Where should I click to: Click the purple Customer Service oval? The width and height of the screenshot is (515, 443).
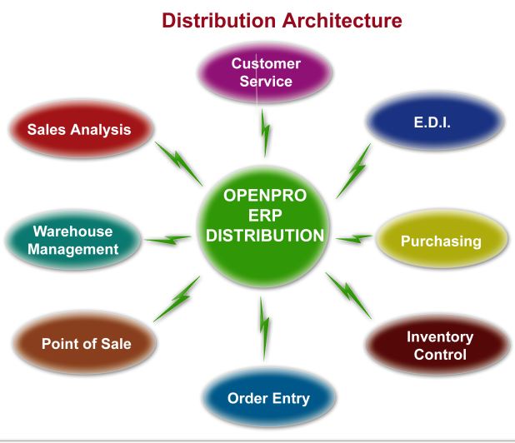pyautogui.click(x=266, y=72)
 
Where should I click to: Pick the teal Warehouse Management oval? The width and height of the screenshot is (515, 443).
pyautogui.click(x=72, y=240)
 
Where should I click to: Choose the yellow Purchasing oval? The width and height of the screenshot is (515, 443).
pyautogui.click(x=441, y=241)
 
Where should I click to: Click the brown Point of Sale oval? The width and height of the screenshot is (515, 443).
pyautogui.click(x=86, y=343)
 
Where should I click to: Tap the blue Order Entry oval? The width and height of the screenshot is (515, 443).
pyautogui.click(x=268, y=398)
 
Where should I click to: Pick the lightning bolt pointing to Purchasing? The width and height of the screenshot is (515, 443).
pyautogui.click(x=354, y=239)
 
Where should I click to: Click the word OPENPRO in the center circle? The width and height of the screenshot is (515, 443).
pyautogui.click(x=265, y=197)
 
